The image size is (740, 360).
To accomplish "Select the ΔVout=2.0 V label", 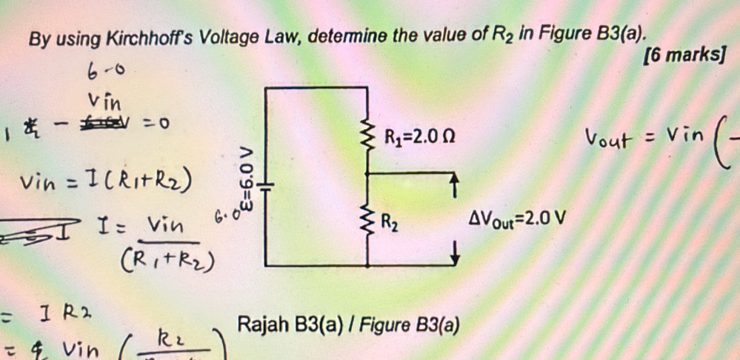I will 516,219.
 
